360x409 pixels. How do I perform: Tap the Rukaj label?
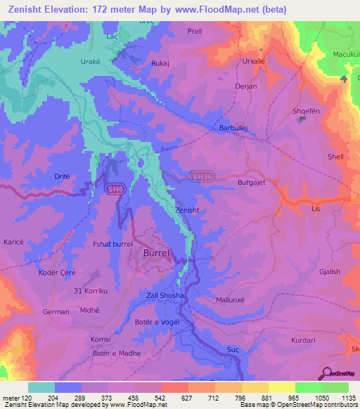point(161,63)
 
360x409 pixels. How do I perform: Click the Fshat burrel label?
point(112,244)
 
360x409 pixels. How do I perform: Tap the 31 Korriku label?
point(89,290)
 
